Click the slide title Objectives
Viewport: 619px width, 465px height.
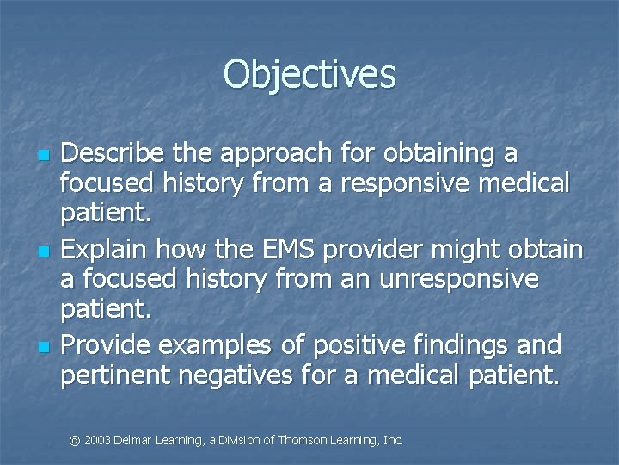point(309,74)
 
